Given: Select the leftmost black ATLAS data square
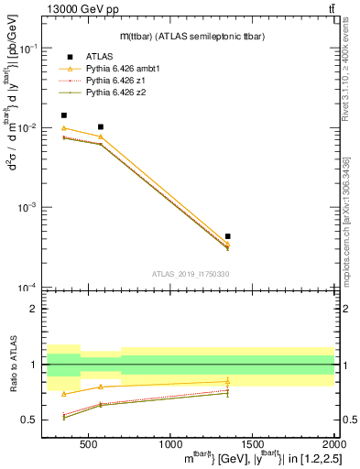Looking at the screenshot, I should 63,115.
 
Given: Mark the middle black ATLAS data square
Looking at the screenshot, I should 100,126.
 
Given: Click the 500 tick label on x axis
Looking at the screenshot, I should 88,444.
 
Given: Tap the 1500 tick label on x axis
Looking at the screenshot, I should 252,444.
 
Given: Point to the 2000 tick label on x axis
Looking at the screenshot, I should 332,444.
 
